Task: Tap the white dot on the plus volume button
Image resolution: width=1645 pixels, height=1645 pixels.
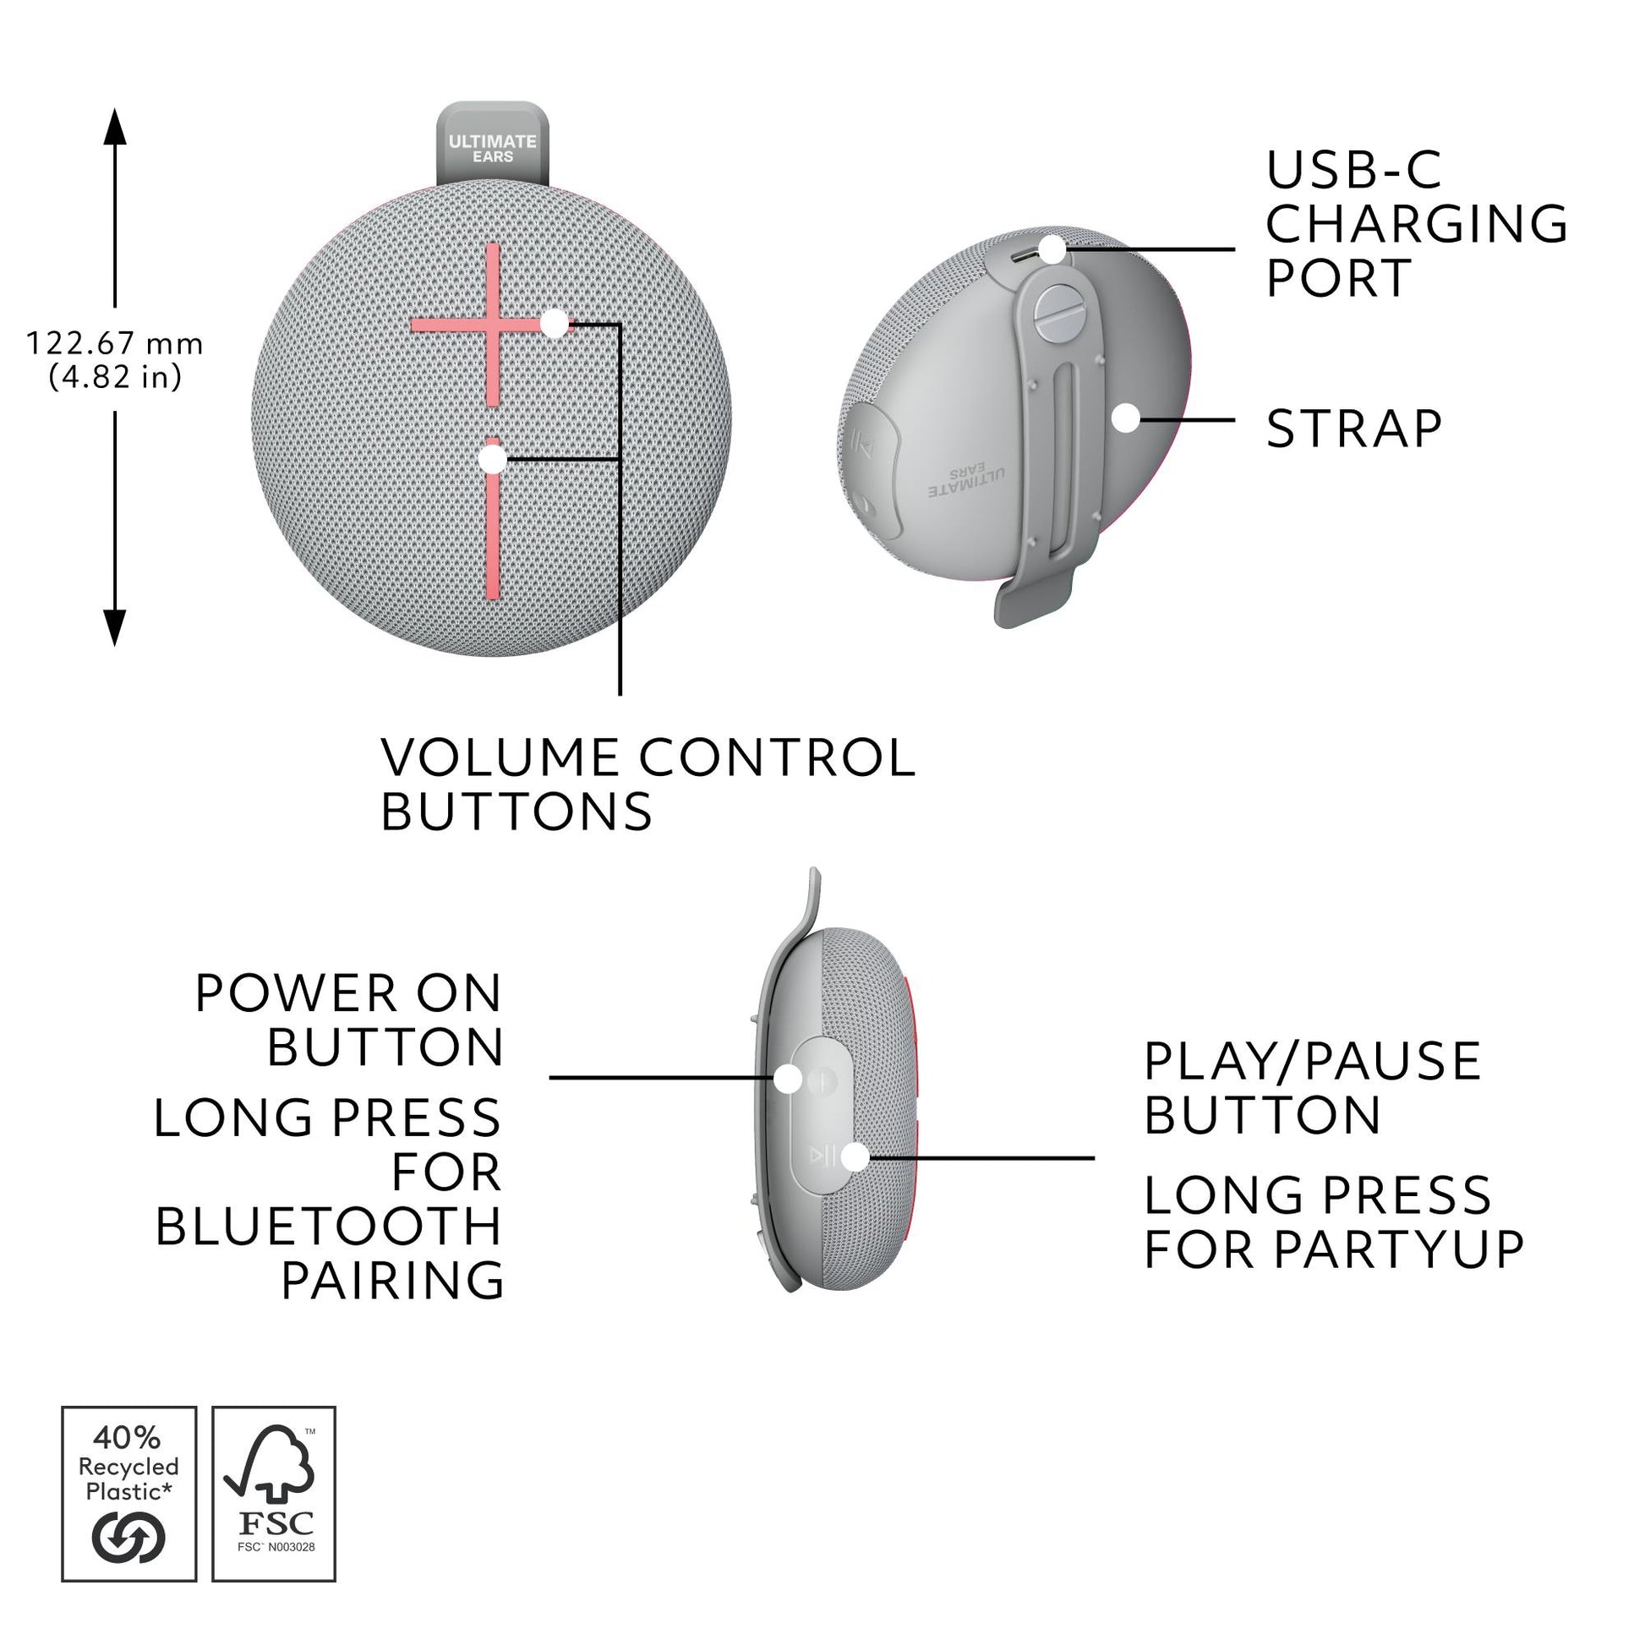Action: (555, 324)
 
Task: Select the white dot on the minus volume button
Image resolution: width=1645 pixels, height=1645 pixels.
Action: (492, 459)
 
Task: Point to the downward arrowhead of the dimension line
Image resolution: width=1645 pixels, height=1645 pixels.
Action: (115, 628)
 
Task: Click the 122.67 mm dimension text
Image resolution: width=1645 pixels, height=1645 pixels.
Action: (115, 344)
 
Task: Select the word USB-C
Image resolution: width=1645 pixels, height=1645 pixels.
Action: (1353, 169)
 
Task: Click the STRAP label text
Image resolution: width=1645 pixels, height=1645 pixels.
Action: (1354, 429)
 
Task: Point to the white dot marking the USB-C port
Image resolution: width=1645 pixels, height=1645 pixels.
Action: (1052, 249)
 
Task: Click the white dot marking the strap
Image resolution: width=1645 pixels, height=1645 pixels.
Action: (1126, 418)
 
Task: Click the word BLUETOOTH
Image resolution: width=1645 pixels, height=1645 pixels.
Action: (329, 1227)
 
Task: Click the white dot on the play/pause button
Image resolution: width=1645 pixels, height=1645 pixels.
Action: (855, 1156)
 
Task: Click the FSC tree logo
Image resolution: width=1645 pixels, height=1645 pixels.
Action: (270, 1463)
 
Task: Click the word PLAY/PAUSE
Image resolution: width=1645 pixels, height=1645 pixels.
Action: (1312, 1061)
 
